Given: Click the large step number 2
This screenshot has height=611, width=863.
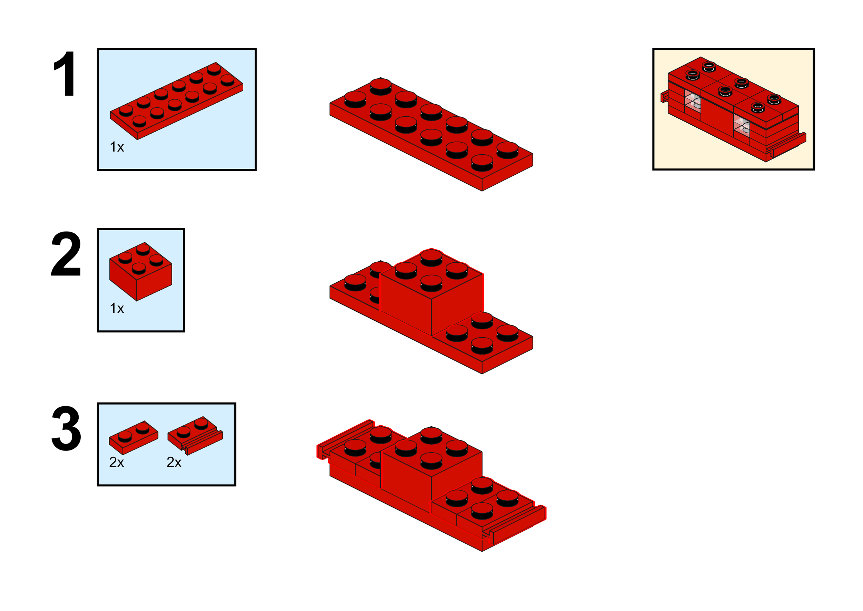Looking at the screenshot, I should (x=66, y=254).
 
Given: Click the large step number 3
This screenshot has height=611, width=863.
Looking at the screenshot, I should (x=66, y=428).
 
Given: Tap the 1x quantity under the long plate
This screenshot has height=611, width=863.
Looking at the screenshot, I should (x=117, y=147).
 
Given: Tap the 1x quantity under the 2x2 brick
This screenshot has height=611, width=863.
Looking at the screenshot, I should (x=117, y=309).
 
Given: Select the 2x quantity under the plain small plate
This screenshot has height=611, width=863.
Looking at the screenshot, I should (x=117, y=462).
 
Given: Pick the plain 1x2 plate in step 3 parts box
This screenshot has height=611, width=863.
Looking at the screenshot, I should (x=133, y=438).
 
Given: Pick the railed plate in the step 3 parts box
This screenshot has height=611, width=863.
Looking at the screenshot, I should (x=195, y=435).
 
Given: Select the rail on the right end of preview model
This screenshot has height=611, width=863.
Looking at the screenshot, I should (x=788, y=145).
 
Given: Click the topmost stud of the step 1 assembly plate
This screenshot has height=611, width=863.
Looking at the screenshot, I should (x=381, y=86).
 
